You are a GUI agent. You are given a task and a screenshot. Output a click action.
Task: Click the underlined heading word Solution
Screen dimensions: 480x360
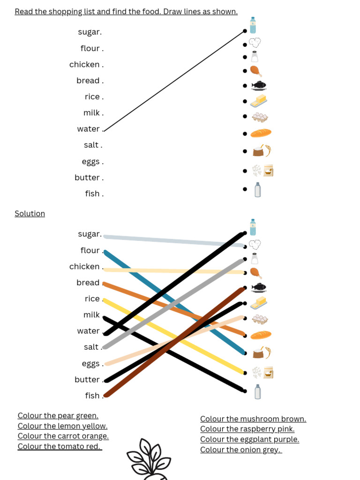[x=30, y=214]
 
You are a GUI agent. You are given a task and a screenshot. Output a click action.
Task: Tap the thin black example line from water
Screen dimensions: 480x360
[x=173, y=80]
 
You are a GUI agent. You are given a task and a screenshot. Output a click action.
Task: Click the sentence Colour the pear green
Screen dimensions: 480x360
[x=58, y=416]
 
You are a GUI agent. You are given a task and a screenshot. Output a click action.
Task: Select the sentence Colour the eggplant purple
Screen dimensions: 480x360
[x=249, y=440]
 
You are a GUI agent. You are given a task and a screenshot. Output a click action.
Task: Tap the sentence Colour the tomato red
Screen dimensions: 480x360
[x=60, y=447]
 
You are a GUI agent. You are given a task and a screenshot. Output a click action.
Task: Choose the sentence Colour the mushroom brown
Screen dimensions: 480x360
[x=253, y=419]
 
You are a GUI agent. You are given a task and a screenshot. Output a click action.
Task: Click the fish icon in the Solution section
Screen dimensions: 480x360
[x=258, y=287]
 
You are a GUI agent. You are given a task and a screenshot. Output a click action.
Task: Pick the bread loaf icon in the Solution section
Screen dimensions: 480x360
[x=261, y=335]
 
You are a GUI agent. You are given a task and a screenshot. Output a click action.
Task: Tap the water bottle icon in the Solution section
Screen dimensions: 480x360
[x=253, y=227]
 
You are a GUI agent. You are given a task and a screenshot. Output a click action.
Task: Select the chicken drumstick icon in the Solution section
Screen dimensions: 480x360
[x=255, y=273]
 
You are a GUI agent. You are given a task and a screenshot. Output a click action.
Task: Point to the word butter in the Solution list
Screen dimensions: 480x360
[x=87, y=380]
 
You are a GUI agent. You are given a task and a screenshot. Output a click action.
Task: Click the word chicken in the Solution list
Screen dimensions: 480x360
[x=84, y=267]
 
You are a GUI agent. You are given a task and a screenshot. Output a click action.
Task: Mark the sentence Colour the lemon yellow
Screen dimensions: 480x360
[x=62, y=426]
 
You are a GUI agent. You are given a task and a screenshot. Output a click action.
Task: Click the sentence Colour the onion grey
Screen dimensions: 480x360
[x=241, y=450]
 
